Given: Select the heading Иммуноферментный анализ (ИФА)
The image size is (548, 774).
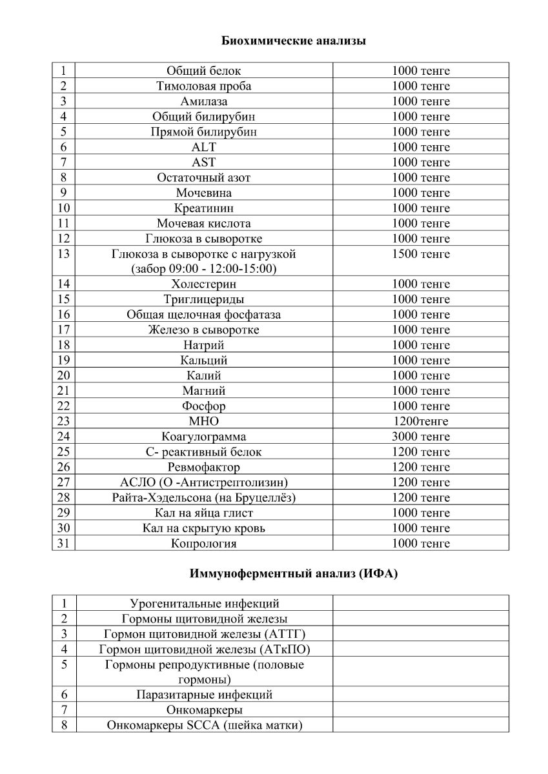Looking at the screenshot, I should coord(294,573).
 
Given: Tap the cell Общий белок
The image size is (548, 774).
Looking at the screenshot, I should coord(204,71).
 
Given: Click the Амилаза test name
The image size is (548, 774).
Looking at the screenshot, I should coord(204,101).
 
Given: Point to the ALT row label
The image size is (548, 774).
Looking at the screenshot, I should coord(204,147).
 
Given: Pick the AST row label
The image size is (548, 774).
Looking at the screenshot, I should coord(204,163).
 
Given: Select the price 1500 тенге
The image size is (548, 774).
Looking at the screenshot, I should coord(421,254).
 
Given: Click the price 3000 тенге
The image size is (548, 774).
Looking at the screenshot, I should coord(421,437).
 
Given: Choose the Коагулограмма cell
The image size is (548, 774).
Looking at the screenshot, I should coord(204,437).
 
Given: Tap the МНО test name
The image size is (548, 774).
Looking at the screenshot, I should coord(204,421).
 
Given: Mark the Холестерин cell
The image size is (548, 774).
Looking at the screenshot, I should coord(204,284).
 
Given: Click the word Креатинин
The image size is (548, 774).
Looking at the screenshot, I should coord(204,208).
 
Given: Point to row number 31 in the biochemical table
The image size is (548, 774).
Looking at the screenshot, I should coord(63,543).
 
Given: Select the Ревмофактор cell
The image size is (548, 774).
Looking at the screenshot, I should coord(204,467).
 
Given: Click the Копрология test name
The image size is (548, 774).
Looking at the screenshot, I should coord(204,543).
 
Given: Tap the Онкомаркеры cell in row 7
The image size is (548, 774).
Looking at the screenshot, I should coord(204,710).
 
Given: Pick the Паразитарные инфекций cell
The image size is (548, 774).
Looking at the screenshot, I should coord(204,695).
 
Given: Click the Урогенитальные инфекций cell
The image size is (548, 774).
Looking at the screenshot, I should coord(204,604).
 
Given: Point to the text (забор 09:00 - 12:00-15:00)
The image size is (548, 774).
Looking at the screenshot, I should coord(204,268).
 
